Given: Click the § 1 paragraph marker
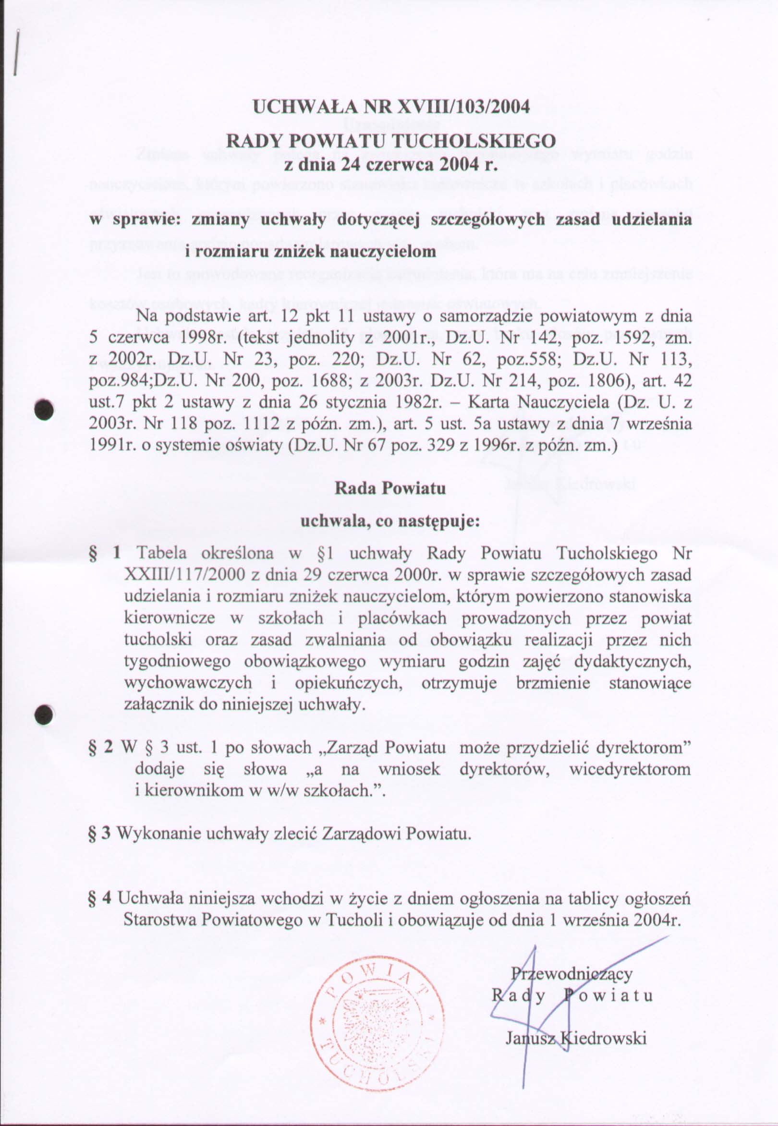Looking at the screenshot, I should click(x=104, y=553).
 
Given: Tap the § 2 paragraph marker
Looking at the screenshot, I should click(x=101, y=748).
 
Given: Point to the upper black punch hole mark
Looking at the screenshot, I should click(x=45, y=409).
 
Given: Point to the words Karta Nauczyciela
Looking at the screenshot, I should click(x=538, y=403).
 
